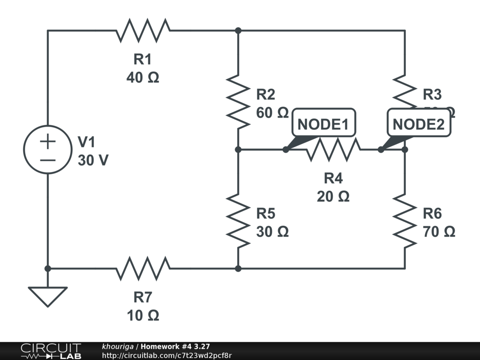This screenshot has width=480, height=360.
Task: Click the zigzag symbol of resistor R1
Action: point(143,30)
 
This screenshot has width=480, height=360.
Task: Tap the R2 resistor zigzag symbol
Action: point(238,101)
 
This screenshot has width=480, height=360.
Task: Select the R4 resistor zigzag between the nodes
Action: point(333,150)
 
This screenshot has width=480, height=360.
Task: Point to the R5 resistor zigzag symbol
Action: point(238,220)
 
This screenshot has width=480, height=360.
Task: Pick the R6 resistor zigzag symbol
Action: point(405,220)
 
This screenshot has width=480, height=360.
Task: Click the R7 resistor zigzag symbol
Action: point(143,269)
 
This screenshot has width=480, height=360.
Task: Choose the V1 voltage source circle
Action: point(47,150)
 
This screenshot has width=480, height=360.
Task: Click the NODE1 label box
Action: point(323,124)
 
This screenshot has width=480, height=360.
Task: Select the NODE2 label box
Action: point(418,124)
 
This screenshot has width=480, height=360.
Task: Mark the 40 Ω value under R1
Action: point(143,77)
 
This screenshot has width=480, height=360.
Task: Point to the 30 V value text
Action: point(93,160)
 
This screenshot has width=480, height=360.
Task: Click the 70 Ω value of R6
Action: point(439,232)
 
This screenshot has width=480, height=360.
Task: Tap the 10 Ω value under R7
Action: point(143,315)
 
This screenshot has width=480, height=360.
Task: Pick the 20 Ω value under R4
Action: point(333,196)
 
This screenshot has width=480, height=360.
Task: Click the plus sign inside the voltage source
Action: point(47,141)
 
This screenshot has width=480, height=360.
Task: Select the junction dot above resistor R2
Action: point(238,30)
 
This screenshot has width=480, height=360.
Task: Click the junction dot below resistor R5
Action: point(238,269)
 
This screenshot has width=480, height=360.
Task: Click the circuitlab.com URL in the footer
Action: point(167,355)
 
